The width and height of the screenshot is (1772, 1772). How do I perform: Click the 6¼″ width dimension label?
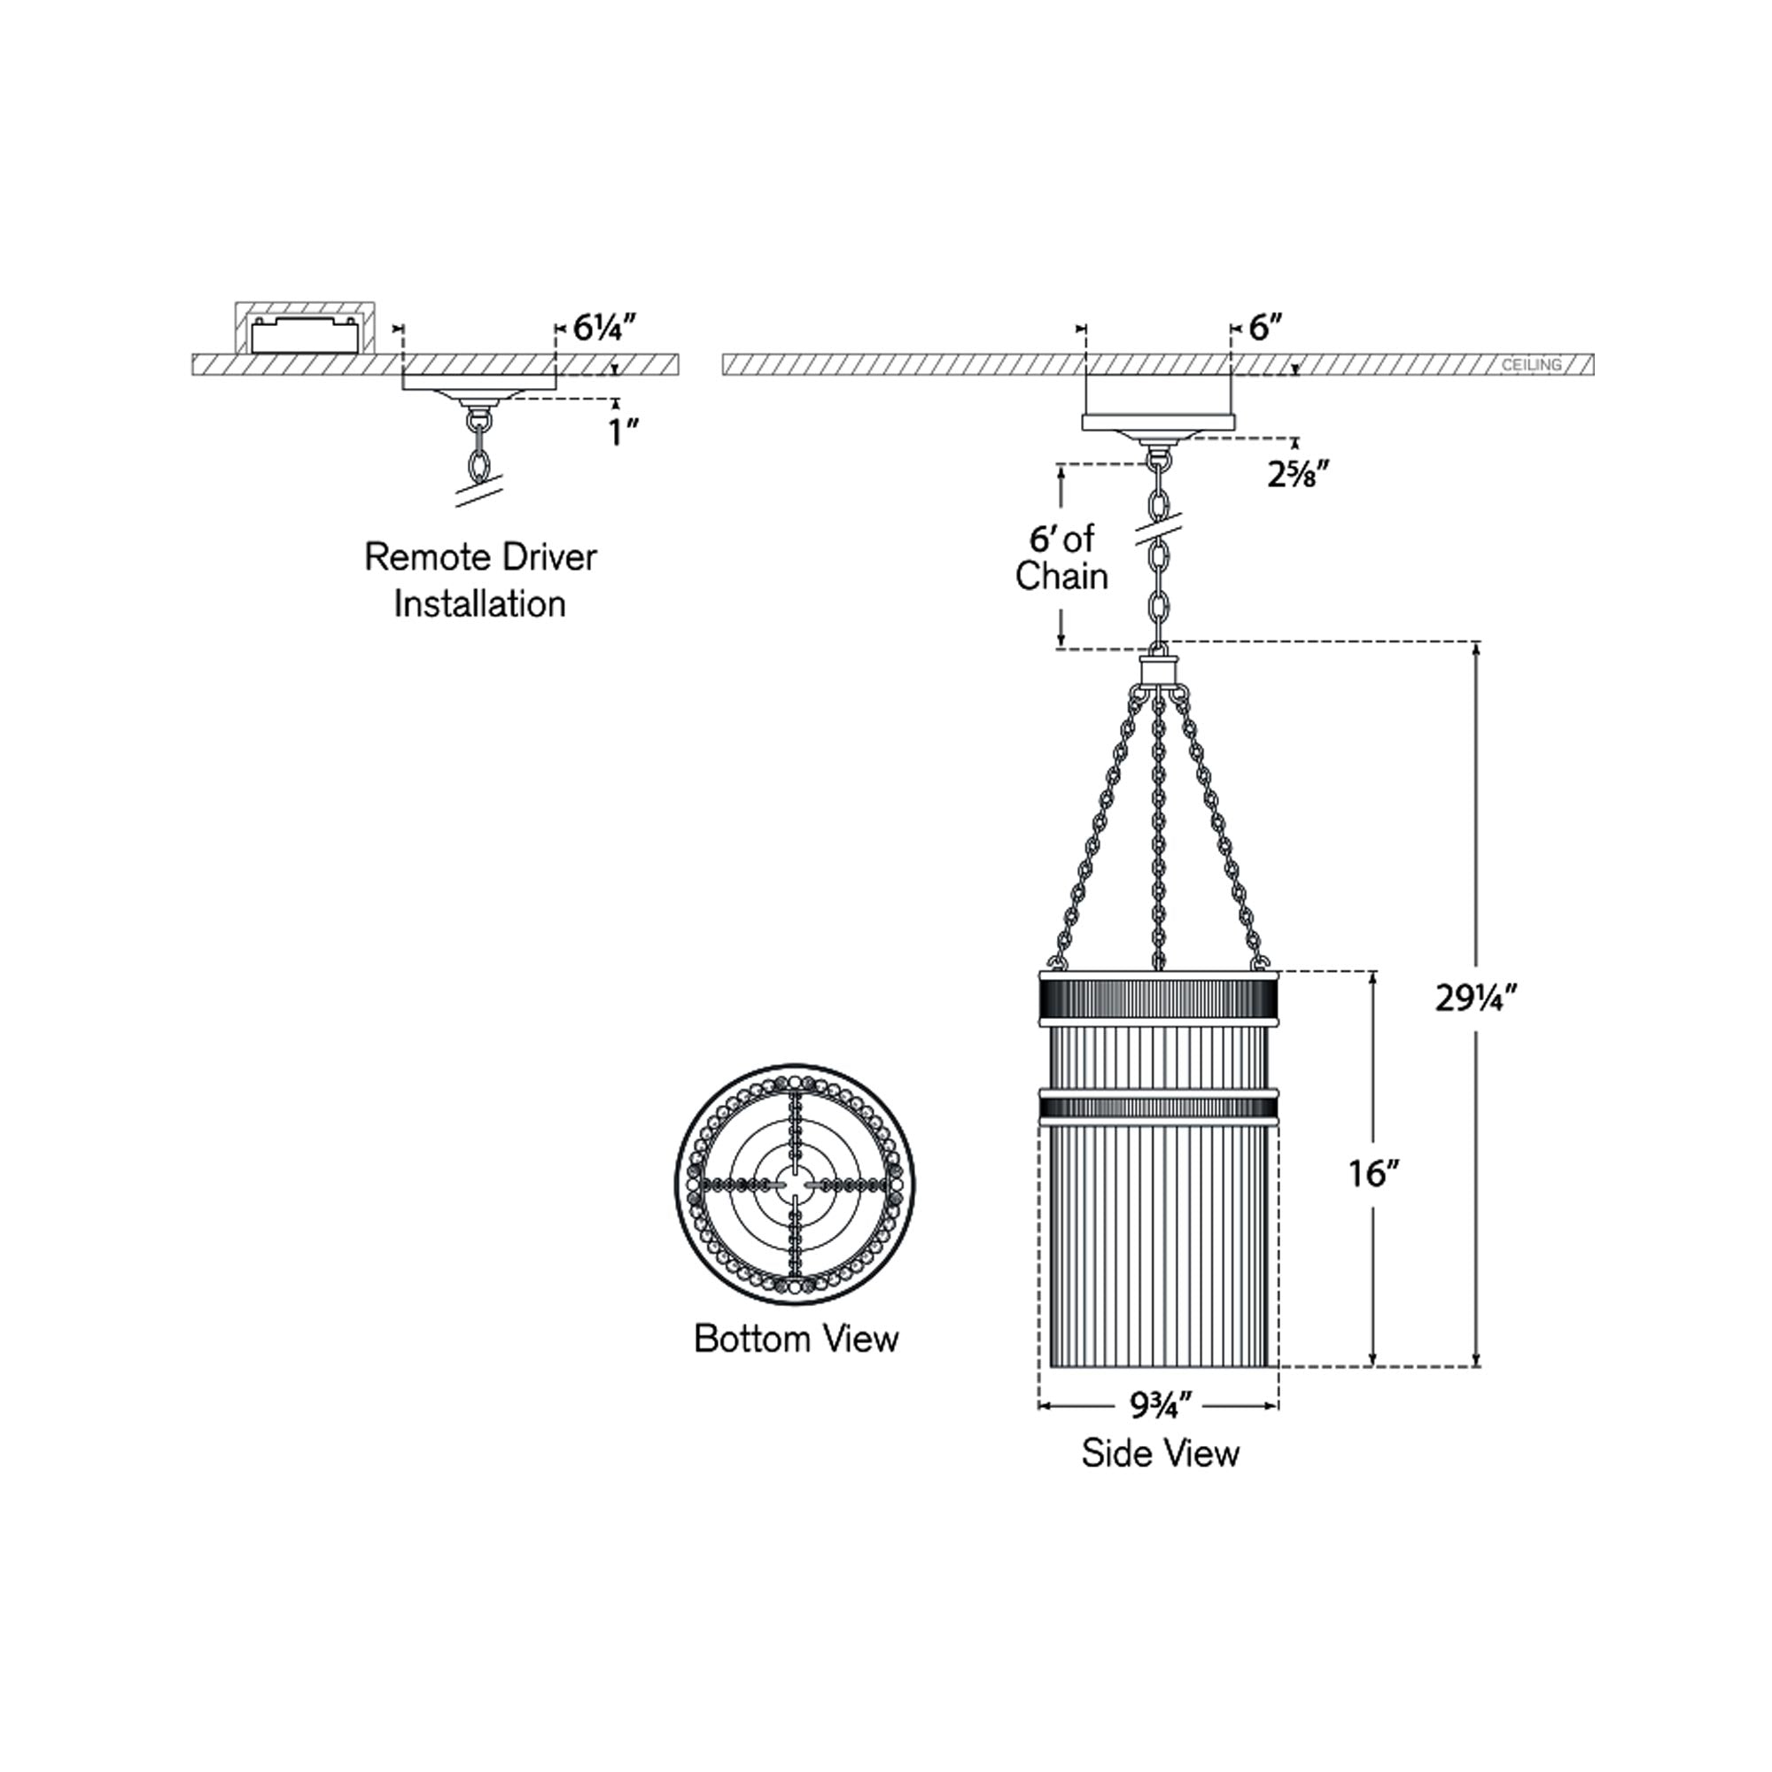pyautogui.click(x=604, y=328)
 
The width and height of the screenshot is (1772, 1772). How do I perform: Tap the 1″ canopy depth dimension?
pyautogui.click(x=624, y=432)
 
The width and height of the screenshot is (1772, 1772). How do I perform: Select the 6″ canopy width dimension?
pyautogui.click(x=1265, y=328)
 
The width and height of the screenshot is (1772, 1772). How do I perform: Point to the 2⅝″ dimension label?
pyautogui.click(x=1299, y=474)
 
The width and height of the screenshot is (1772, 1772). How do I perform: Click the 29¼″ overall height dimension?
pyautogui.click(x=1478, y=998)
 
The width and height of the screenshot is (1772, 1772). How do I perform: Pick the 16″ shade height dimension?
pyautogui.click(x=1374, y=1173)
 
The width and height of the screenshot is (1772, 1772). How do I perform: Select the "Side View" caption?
pyautogui.click(x=1161, y=1479)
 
